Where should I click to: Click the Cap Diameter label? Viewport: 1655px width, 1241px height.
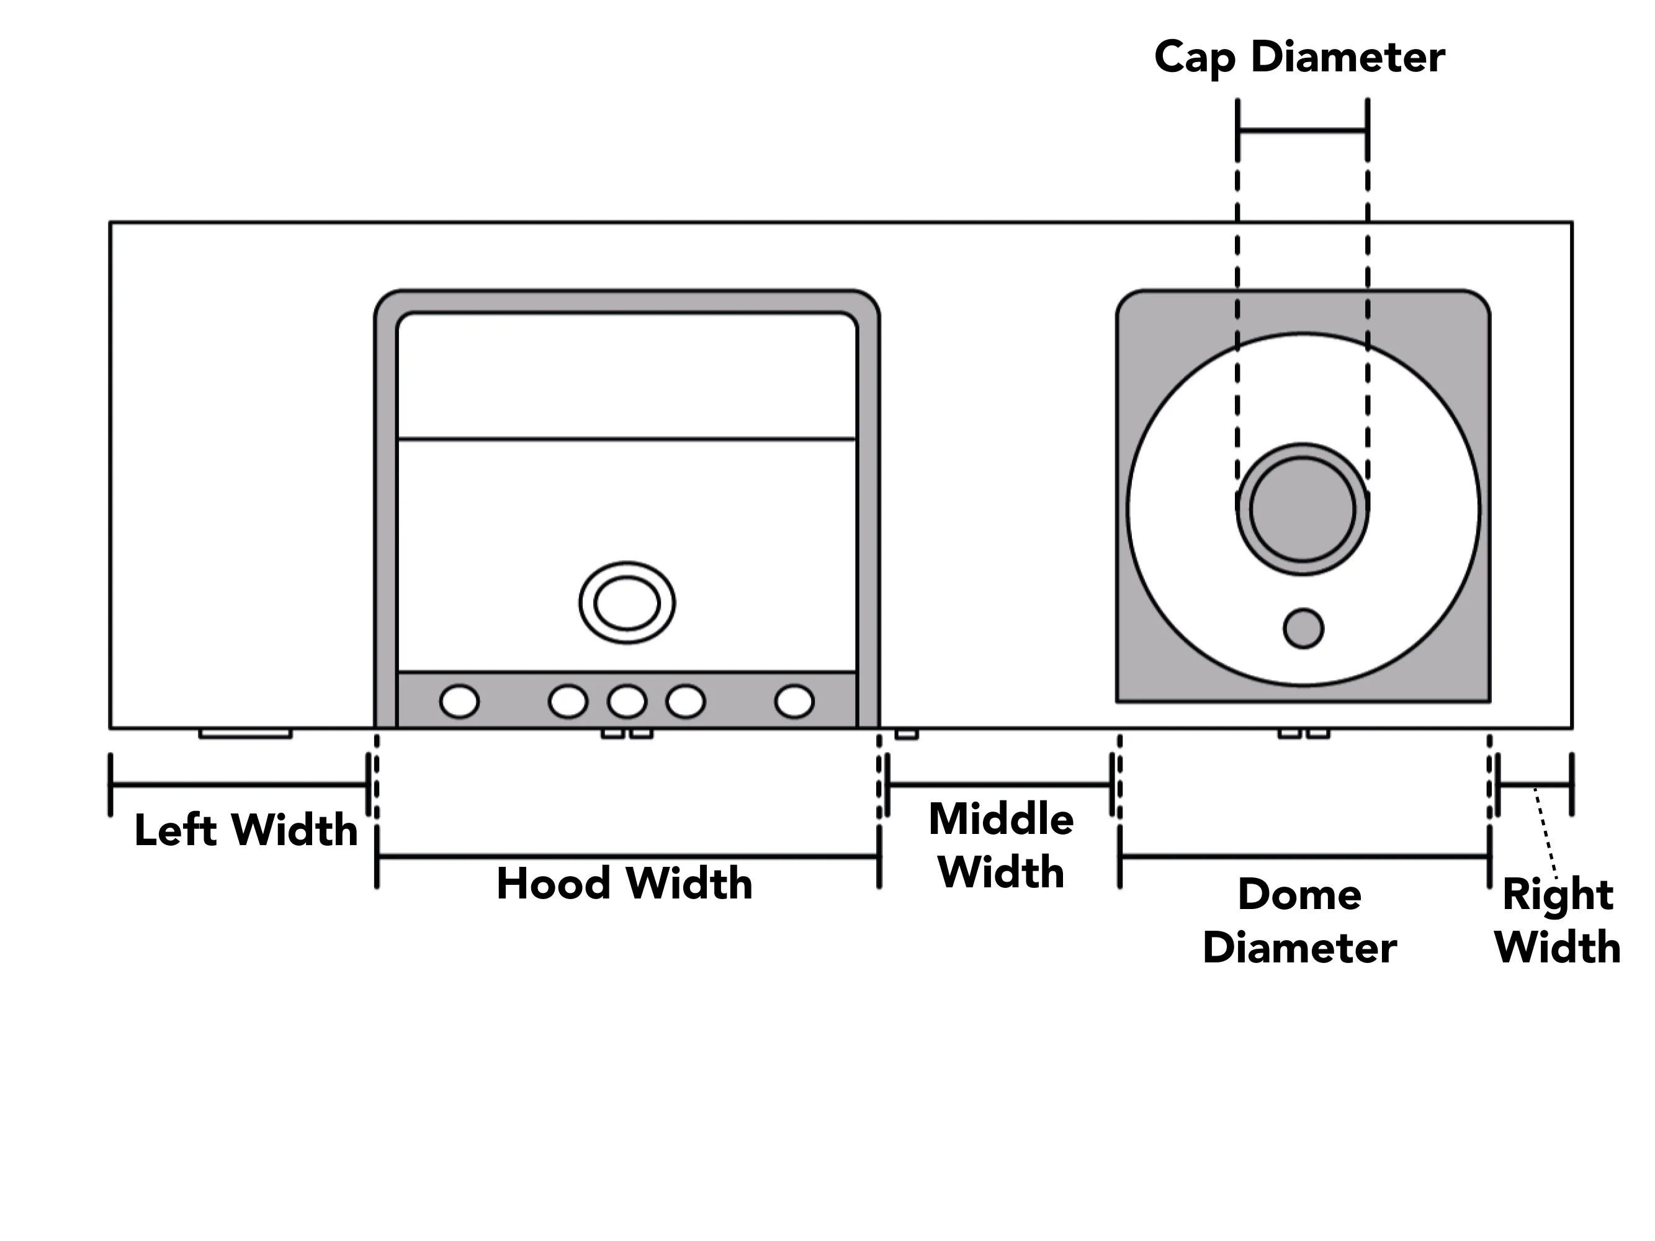(1299, 58)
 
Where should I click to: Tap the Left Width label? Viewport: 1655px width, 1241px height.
(246, 830)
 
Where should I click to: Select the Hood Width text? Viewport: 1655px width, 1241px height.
(625, 884)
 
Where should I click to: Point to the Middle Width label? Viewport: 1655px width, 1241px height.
(1001, 845)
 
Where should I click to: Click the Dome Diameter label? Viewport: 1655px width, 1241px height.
(1299, 921)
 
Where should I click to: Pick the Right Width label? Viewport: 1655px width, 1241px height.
(1557, 921)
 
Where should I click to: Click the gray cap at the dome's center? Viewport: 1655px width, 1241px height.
(1303, 509)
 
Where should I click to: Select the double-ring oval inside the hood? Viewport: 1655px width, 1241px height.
(627, 602)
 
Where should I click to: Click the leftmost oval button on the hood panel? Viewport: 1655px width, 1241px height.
(459, 702)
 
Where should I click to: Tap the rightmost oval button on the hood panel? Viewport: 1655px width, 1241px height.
(794, 702)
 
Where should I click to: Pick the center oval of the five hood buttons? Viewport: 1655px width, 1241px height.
(627, 702)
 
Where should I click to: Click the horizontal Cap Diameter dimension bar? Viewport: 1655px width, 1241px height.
(1303, 131)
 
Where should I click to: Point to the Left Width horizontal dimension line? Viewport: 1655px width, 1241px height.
(240, 785)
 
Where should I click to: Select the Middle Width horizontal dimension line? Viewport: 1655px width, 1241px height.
(1000, 785)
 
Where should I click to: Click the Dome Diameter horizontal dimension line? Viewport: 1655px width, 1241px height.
(1305, 856)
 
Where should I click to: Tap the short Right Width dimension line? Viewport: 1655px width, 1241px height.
(1535, 785)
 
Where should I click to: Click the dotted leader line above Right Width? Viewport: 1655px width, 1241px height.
(1546, 833)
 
